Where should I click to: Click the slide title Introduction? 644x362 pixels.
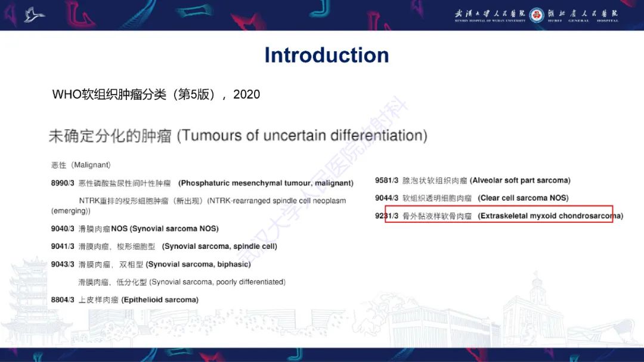[327, 55]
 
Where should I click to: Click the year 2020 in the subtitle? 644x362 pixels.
[246, 94]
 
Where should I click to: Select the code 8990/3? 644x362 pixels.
[63, 183]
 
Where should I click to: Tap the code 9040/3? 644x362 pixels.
[63, 229]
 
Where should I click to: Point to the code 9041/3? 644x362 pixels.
[63, 246]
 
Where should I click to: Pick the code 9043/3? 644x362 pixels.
[63, 264]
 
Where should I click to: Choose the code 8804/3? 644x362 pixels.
[63, 300]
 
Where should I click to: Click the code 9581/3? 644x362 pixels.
[386, 180]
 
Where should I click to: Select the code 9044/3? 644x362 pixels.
[386, 198]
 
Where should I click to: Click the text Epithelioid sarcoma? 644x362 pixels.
[160, 300]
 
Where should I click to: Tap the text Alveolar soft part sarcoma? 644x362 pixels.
[520, 180]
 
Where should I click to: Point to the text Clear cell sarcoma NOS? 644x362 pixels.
[523, 198]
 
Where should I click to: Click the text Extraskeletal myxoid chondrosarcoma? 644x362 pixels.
[550, 216]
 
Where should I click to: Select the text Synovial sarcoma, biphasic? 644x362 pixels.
[198, 264]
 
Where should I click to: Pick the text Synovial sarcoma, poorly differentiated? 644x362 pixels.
[217, 282]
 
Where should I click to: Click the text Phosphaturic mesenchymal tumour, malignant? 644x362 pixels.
[266, 183]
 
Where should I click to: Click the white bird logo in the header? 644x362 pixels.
[34, 14]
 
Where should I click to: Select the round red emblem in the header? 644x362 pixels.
[537, 15]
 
